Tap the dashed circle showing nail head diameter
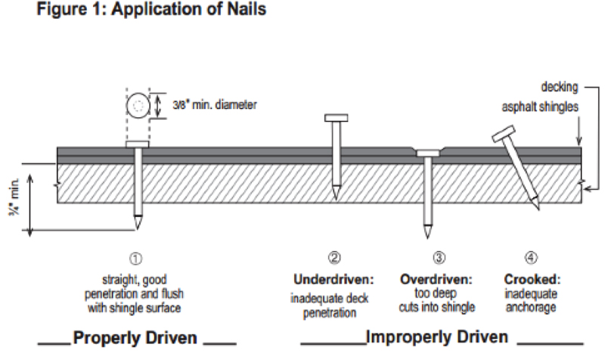click(x=138, y=107)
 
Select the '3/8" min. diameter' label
click(x=214, y=105)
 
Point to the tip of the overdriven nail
click(x=427, y=233)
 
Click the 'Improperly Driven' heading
click(x=435, y=336)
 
